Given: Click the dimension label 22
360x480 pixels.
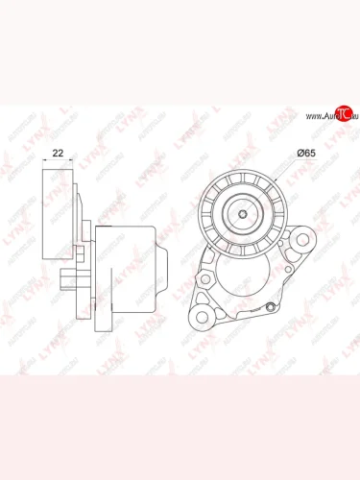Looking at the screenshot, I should (x=59, y=153).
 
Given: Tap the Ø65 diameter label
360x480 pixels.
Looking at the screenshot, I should (x=306, y=154).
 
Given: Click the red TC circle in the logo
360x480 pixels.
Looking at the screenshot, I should (x=325, y=116).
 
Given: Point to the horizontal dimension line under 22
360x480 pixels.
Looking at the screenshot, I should (x=59, y=164).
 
